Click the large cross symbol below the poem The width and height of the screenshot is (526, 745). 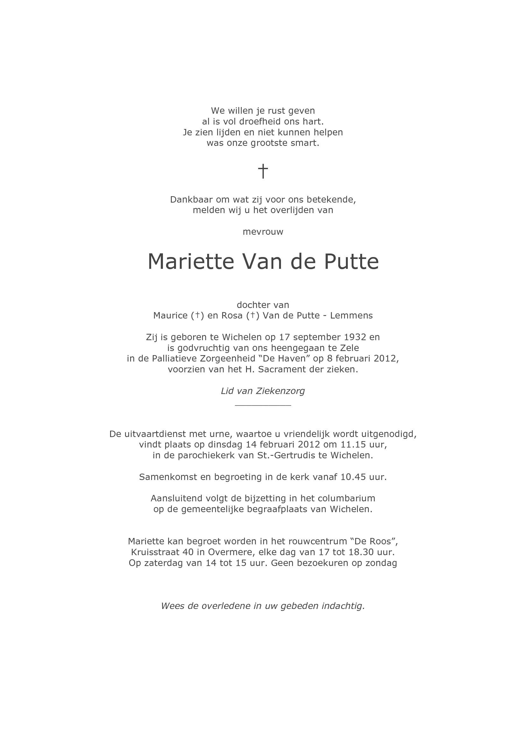[x=263, y=171]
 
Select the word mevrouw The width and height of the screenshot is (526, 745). [x=263, y=232]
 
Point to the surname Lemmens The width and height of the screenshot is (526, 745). [x=351, y=315]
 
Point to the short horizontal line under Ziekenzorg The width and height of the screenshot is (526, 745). [x=263, y=405]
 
